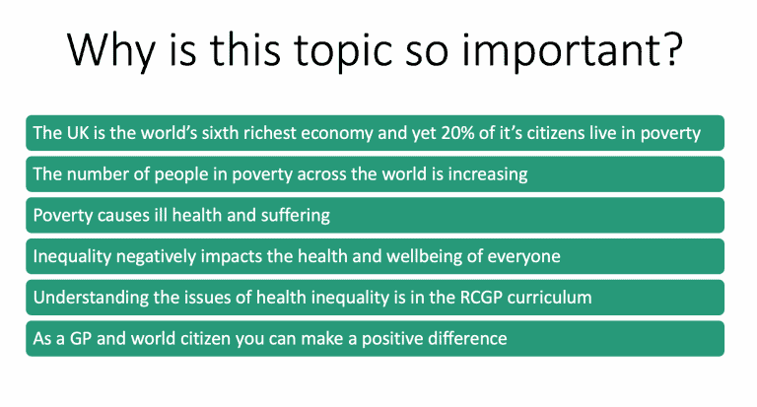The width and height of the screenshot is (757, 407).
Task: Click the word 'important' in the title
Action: (x=560, y=50)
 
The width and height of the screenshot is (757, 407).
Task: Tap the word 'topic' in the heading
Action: (x=343, y=50)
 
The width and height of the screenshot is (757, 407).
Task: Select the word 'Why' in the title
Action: (x=111, y=50)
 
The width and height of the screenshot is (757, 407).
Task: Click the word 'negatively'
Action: (x=156, y=257)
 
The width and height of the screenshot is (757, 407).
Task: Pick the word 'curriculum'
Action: (x=549, y=298)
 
